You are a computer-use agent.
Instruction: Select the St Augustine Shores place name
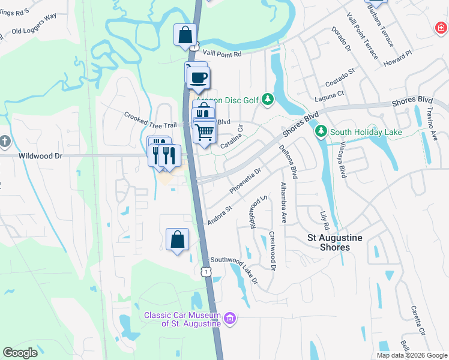[x=334, y=242]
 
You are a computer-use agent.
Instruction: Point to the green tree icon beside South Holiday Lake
[x=322, y=131]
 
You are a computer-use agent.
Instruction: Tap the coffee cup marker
[x=199, y=77]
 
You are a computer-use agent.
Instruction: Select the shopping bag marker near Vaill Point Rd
[x=185, y=34]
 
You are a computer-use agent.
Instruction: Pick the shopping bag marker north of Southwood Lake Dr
[x=177, y=239]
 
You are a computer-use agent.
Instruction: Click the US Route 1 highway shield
[x=206, y=272]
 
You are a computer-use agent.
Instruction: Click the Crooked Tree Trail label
[x=150, y=119]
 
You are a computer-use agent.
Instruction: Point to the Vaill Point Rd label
[x=221, y=53]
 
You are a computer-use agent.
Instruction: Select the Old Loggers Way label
[x=34, y=31]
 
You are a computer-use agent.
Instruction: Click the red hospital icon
[x=441, y=28]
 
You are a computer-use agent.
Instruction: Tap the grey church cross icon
[x=5, y=142]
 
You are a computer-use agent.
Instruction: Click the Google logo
[x=20, y=352]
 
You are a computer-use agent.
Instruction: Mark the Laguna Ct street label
[x=331, y=94]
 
